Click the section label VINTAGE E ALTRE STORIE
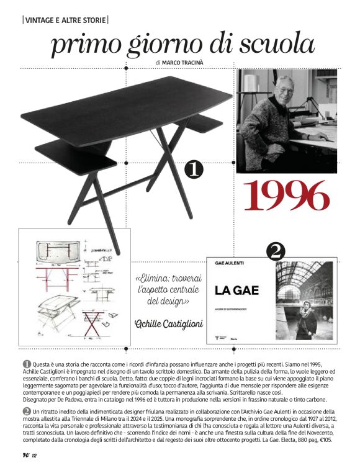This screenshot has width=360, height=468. pyautogui.click(x=65, y=20)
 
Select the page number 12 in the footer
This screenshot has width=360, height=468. pyautogui.click(x=35, y=457)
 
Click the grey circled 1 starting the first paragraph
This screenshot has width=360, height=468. pyautogui.click(x=27, y=363)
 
